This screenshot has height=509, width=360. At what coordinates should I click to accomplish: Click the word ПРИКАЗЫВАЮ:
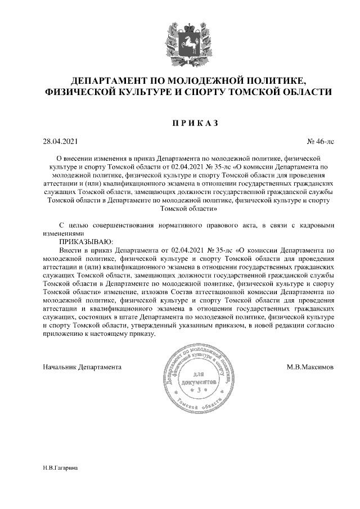click(86, 241)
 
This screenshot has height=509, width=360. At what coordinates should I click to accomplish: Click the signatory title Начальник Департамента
click(82, 367)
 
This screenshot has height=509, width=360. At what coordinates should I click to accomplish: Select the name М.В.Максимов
click(309, 367)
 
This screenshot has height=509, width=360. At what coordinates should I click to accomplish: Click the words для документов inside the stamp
click(196, 378)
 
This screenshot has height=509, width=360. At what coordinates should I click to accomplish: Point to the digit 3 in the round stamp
click(196, 389)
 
